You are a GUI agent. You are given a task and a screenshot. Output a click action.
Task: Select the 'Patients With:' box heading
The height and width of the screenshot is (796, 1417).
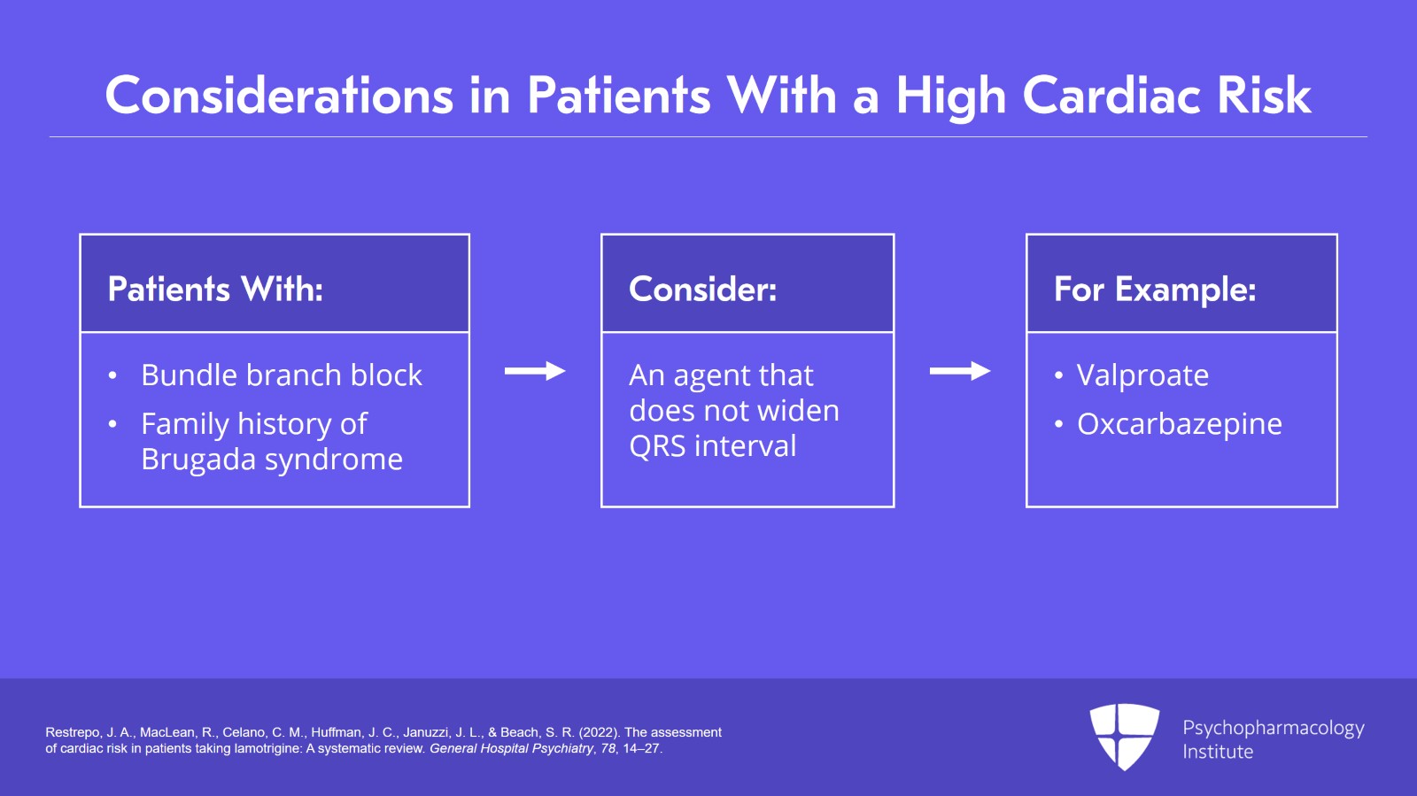pos(215,290)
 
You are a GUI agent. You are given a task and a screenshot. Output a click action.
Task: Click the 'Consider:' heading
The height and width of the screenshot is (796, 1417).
pos(702,290)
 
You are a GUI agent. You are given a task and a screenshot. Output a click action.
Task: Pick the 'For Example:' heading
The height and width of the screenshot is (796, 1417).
pos(1155,290)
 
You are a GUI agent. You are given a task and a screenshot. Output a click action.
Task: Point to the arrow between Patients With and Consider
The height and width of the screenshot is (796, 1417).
pos(535,371)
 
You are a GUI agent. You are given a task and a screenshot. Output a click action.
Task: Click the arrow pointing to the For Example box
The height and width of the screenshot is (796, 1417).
pos(960,371)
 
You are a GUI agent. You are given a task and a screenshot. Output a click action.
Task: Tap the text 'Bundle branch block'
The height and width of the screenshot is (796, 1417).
pos(282,375)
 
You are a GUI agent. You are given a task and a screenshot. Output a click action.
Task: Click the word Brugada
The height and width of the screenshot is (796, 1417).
pos(198,460)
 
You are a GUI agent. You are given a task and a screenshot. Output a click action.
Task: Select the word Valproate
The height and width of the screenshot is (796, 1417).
pos(1142,375)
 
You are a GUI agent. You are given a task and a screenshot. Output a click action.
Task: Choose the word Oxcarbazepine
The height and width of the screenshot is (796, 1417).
pos(1179,424)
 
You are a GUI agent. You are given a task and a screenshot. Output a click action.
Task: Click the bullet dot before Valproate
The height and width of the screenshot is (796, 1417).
pos(1058,376)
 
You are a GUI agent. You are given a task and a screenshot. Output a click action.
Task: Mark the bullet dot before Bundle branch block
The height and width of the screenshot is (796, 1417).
pos(112,376)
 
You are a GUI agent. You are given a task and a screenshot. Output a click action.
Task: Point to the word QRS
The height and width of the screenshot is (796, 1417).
pos(657,446)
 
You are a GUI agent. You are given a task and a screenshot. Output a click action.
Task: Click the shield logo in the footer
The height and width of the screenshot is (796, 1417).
pos(1124,736)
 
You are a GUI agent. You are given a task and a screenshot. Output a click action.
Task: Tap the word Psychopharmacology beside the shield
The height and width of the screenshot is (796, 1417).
pos(1273,728)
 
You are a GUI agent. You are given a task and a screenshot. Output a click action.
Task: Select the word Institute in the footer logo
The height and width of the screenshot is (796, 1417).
pos(1218,752)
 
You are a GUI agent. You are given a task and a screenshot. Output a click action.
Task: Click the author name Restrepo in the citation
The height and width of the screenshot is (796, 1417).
pos(73,732)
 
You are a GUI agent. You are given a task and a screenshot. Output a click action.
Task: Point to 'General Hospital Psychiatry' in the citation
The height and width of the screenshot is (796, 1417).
pos(511,748)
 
